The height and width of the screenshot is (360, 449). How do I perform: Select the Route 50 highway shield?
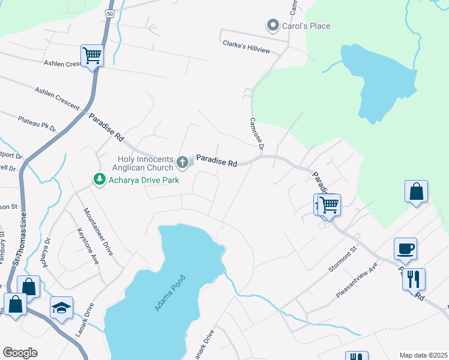(109, 13)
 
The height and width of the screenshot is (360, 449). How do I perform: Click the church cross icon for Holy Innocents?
(182, 162)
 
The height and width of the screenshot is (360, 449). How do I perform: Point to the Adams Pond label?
(170, 293)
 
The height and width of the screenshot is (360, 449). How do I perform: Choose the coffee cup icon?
(405, 248)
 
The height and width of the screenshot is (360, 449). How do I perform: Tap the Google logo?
(20, 353)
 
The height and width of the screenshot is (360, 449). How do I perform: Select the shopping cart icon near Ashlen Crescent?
(92, 55)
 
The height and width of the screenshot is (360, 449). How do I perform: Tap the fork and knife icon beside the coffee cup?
(414, 278)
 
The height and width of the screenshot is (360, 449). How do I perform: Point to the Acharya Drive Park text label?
(144, 179)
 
